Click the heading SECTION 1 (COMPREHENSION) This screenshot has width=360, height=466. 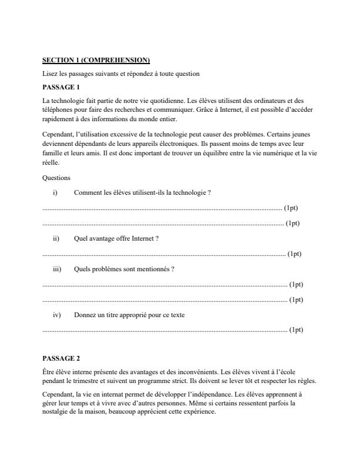click(96, 60)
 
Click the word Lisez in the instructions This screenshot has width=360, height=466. click(50, 74)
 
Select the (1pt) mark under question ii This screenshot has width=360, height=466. click(294, 254)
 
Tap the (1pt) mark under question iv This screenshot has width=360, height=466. click(296, 329)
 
